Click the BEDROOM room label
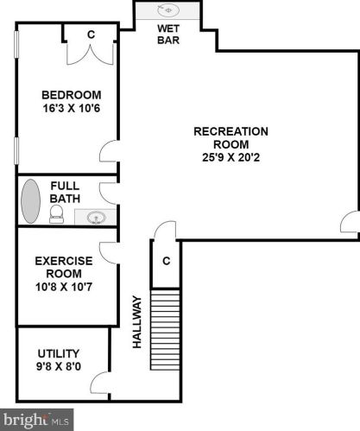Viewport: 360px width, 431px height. point(72,95)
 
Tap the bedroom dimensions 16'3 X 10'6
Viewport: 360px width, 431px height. point(72,110)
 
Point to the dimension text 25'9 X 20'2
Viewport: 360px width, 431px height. point(231,158)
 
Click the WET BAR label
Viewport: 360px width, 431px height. point(167,34)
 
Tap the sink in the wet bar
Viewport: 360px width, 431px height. point(169,11)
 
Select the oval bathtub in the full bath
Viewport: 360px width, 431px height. point(31,202)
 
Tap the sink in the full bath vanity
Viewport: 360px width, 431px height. point(97,218)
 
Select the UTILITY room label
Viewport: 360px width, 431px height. point(58,353)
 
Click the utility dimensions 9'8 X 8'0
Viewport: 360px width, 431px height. point(58,368)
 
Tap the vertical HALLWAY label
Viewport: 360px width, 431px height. point(136,321)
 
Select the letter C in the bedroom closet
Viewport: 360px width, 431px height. point(92,34)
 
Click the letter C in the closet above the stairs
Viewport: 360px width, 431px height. point(165,261)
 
